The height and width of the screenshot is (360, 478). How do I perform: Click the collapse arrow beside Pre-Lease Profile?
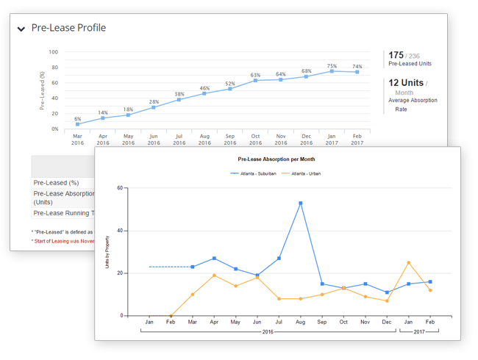point(21,29)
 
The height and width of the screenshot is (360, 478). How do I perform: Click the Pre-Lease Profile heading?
point(68,28)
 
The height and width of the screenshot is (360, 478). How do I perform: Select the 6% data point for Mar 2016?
point(78,124)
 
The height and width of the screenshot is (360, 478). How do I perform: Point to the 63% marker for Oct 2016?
point(256,80)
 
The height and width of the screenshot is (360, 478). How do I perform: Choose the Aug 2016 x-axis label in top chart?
point(205,140)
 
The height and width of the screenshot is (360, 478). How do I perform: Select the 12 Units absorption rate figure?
point(405,83)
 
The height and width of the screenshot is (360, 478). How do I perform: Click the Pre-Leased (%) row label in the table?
point(57,183)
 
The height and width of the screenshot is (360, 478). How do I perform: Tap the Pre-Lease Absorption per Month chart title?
point(277,159)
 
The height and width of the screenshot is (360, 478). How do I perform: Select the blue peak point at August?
point(301,203)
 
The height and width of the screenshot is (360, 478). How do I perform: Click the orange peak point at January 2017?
point(408,262)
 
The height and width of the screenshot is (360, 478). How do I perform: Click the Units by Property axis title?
point(107,252)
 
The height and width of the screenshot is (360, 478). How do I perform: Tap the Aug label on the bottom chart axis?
point(300,322)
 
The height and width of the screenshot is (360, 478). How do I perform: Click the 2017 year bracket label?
point(418,333)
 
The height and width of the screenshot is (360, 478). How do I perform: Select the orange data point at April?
point(213,275)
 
